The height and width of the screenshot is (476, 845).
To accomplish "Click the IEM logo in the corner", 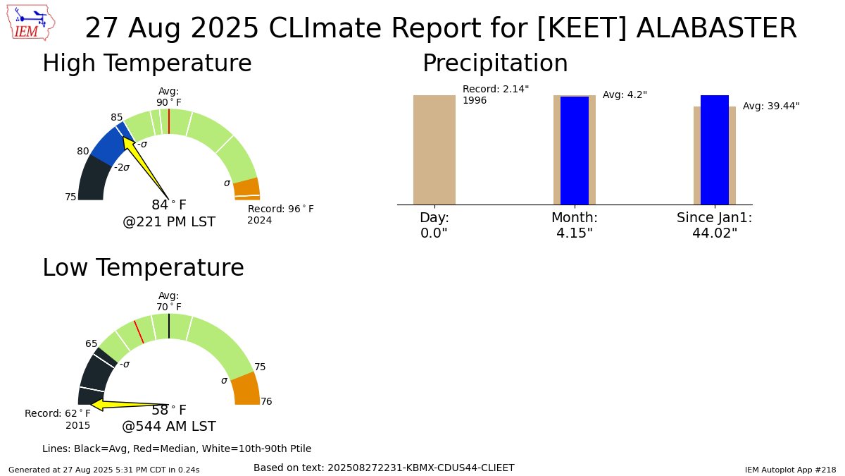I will (32, 23).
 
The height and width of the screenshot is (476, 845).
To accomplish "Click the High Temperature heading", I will (146, 63).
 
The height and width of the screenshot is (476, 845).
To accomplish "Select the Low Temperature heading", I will (143, 268).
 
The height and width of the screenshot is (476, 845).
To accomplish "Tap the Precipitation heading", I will (494, 63).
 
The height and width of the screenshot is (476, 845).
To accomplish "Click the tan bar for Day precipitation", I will (434, 149).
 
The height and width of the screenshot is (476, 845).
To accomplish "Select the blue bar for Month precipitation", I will (574, 150).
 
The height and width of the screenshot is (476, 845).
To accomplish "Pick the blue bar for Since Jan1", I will (714, 149).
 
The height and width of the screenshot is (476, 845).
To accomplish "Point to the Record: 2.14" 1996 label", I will (495, 94).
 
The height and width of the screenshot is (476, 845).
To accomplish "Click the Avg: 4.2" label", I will (625, 95).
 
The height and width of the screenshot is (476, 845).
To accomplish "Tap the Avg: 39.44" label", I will (771, 106).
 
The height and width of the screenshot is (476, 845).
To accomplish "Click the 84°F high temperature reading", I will (169, 205).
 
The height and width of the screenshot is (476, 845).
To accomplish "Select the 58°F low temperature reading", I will (169, 410).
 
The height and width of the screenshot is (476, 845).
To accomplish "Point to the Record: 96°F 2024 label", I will (280, 214).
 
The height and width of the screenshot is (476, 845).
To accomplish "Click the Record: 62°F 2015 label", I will (58, 419).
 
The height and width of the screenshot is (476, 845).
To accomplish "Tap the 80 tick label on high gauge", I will (83, 151).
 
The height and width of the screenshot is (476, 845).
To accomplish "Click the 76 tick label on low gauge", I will (266, 402).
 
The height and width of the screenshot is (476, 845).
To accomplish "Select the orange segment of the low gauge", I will (246, 389).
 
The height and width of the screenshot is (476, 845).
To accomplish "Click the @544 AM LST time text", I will (169, 427).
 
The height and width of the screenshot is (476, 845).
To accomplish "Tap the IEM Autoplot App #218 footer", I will (790, 470).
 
